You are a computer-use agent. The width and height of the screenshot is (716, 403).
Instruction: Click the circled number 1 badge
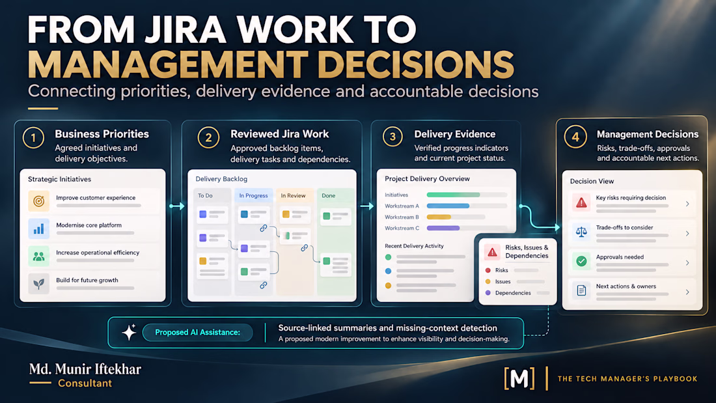click(x=33, y=137)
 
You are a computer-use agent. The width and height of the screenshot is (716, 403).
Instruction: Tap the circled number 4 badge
click(x=575, y=137)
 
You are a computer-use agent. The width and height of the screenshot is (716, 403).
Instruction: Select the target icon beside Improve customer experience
click(x=39, y=201)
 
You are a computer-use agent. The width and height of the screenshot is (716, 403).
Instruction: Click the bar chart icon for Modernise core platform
click(x=39, y=229)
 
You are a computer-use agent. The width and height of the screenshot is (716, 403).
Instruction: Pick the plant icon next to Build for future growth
click(x=39, y=283)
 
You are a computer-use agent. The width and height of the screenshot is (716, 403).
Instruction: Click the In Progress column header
click(x=253, y=195)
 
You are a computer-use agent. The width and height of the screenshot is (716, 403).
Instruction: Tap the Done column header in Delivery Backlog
click(x=329, y=195)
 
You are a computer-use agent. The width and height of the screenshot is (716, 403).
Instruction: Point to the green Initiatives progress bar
click(x=453, y=195)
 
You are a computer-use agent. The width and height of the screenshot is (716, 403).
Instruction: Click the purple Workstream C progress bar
click(x=443, y=228)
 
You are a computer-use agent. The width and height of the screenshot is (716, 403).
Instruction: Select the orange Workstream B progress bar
click(x=438, y=217)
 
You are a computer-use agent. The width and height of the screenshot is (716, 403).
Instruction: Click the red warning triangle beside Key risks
click(x=581, y=202)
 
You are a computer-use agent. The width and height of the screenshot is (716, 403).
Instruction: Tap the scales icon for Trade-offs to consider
click(x=581, y=232)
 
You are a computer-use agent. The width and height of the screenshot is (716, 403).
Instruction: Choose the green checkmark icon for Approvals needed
click(x=581, y=261)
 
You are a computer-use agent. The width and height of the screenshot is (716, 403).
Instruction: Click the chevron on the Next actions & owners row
click(x=687, y=292)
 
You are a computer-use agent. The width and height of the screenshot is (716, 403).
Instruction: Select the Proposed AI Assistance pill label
click(x=197, y=332)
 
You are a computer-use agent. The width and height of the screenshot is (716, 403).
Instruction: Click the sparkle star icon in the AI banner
click(x=129, y=332)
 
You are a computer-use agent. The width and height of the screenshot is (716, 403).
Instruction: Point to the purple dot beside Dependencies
click(x=488, y=293)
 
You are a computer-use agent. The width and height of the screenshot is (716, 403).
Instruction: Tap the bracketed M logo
click(x=519, y=378)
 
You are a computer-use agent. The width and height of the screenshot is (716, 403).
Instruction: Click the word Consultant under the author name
click(x=85, y=383)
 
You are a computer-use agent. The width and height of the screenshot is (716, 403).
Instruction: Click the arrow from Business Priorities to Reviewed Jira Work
click(x=176, y=206)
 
